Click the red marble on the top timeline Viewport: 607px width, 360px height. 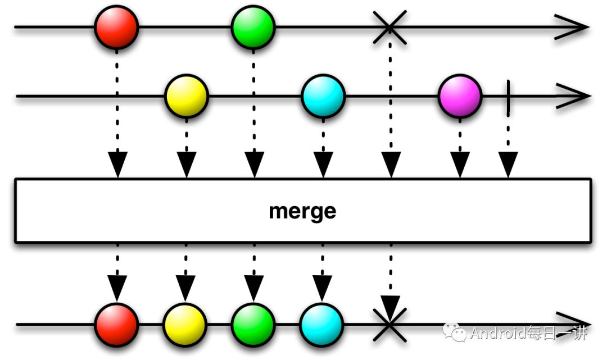click(x=116, y=27)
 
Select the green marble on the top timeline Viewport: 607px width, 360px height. click(x=253, y=27)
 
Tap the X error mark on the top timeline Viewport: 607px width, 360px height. click(x=389, y=27)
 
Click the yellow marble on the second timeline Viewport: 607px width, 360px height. click(x=186, y=97)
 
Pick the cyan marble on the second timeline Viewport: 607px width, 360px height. click(x=323, y=97)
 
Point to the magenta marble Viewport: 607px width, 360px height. click(x=460, y=97)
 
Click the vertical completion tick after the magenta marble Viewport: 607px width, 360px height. click(x=508, y=97)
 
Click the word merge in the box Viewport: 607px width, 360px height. click(x=302, y=211)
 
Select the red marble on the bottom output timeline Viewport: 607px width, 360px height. click(x=116, y=325)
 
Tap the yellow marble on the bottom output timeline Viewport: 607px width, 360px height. click(x=185, y=325)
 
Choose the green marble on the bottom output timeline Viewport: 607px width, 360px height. click(x=253, y=325)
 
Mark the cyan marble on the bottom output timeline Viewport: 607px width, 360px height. click(x=321, y=325)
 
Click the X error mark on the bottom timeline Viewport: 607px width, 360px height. click(x=389, y=325)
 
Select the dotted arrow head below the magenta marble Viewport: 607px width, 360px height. click(x=460, y=164)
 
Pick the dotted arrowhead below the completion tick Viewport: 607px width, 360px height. click(x=508, y=164)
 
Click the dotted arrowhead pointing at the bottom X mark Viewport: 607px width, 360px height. click(x=390, y=308)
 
